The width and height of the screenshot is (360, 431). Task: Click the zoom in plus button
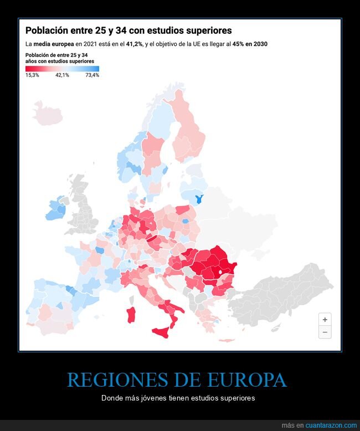(325, 320)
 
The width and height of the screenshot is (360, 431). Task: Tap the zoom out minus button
(325, 332)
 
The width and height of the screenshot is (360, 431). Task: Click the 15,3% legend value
(32, 75)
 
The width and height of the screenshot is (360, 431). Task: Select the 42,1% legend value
(62, 75)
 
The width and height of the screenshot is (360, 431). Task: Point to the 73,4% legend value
(92, 75)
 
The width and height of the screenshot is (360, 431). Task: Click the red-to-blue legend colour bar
(62, 68)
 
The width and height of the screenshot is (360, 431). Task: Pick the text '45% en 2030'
(250, 44)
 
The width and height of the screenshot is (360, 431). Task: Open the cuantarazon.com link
(331, 425)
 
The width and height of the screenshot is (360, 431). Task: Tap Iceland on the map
(48, 113)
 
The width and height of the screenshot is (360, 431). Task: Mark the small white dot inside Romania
(220, 272)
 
